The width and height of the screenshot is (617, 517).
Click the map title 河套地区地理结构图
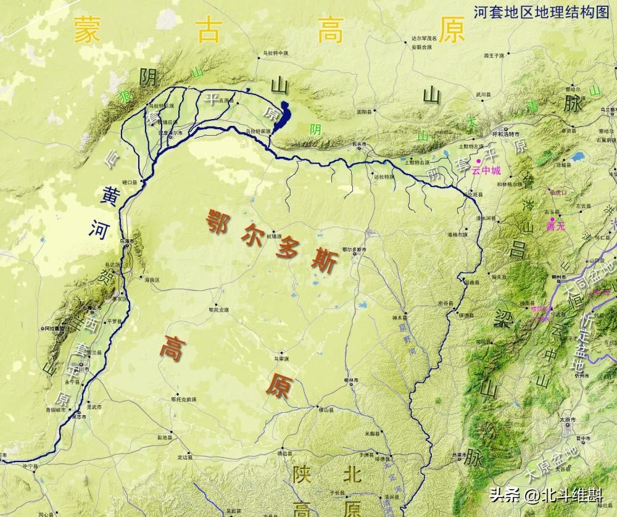pyautogui.click(x=540, y=12)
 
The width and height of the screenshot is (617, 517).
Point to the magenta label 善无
pyautogui.click(x=555, y=226)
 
